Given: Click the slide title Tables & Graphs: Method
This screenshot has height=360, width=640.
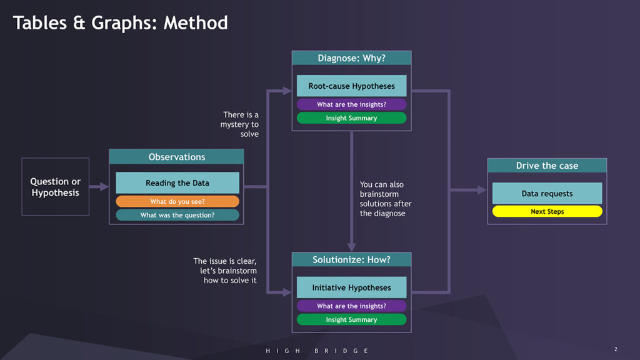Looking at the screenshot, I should pos(121,23).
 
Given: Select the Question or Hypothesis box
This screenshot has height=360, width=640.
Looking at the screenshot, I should pos(56,187).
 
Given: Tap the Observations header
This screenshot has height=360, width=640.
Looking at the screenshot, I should pos(176,157).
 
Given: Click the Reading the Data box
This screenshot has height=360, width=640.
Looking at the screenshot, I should pos(177,183).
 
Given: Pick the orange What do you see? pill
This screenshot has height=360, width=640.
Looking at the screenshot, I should pos(177,201).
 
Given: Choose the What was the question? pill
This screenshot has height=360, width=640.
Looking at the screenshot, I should pos(177,215).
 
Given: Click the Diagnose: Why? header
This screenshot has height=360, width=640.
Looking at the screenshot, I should pos(351,58).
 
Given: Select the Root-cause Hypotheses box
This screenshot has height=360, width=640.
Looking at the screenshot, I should pos(351,86).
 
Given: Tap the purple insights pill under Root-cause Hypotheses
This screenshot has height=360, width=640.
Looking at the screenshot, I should pos(351,104).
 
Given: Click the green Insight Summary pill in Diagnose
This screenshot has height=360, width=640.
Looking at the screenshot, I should pos(351,118).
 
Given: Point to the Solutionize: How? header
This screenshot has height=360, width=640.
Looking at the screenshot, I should pos(351,259).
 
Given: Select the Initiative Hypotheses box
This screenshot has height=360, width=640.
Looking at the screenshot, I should pos(351,287).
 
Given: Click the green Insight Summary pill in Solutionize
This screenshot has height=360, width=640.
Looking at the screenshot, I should pos(351,319).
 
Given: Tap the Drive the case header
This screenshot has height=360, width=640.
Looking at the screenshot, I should pos(547,166).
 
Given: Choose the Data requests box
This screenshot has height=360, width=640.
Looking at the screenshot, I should pos(547,194).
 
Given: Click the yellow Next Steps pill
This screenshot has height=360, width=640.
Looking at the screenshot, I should pos(547,211).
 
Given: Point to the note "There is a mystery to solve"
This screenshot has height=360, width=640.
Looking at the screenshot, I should pos(240,124).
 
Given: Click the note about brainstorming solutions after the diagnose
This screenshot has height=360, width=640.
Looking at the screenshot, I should pos(386,199).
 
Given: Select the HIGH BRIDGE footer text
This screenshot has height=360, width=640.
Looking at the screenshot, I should pos(317,351).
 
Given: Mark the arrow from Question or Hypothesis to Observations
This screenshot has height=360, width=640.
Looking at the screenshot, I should pos(99,187).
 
